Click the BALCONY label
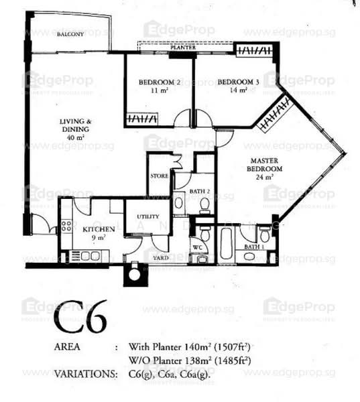click(x=69, y=34)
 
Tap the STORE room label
click(x=160, y=176)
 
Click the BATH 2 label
click(x=198, y=192)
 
